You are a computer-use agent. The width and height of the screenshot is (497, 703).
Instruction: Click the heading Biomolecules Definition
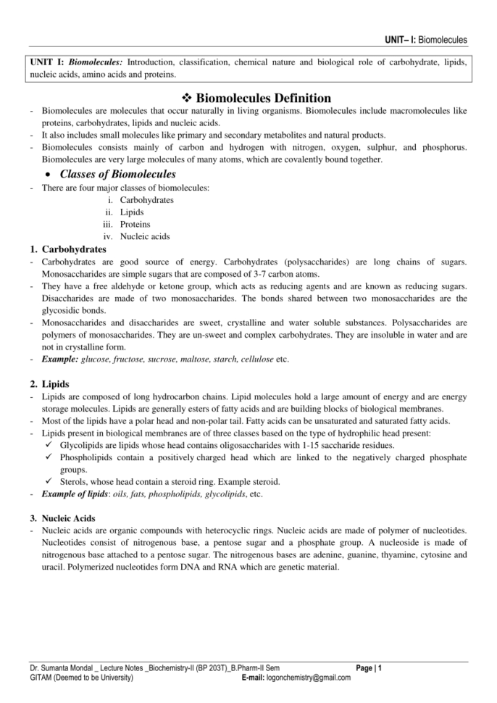(x=264, y=98)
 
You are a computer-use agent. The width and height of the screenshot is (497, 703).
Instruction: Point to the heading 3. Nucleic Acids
(x=68, y=518)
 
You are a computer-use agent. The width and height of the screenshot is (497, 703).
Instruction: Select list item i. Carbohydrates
(x=146, y=199)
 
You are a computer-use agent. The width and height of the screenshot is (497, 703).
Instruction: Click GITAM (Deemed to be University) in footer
(x=81, y=678)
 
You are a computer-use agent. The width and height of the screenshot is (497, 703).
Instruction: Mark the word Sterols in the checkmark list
(x=75, y=481)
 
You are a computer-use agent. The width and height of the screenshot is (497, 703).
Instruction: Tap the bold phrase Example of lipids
(x=75, y=494)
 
